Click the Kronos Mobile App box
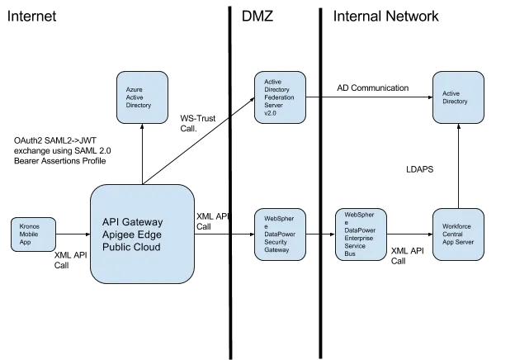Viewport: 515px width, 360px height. [x=33, y=234]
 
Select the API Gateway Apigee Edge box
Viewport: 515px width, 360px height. [x=142, y=234]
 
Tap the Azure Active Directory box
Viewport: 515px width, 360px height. [x=142, y=97]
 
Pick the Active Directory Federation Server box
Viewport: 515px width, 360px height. [x=280, y=97]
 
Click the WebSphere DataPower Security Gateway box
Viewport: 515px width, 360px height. [x=280, y=234]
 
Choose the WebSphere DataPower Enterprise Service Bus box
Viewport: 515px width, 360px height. [x=361, y=234]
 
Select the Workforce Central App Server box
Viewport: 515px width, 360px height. [x=459, y=234]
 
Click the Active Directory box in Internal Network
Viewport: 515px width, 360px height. [x=459, y=97]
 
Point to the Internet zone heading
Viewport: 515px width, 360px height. [x=31, y=16]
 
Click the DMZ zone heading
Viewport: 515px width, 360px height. [x=257, y=16]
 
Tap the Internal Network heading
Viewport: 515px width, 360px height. [x=386, y=16]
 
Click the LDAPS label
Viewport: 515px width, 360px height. [x=420, y=169]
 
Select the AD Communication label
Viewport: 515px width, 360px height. [x=373, y=88]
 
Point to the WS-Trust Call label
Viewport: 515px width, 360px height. [x=198, y=123]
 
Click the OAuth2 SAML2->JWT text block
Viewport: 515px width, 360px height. [x=63, y=151]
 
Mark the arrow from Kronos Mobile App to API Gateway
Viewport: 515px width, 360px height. [x=73, y=234]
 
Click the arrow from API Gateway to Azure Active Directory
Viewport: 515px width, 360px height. [x=142, y=154]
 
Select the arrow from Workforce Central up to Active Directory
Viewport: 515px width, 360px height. [x=459, y=166]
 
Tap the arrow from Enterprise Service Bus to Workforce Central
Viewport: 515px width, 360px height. [x=410, y=234]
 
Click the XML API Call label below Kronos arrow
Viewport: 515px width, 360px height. [x=71, y=260]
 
